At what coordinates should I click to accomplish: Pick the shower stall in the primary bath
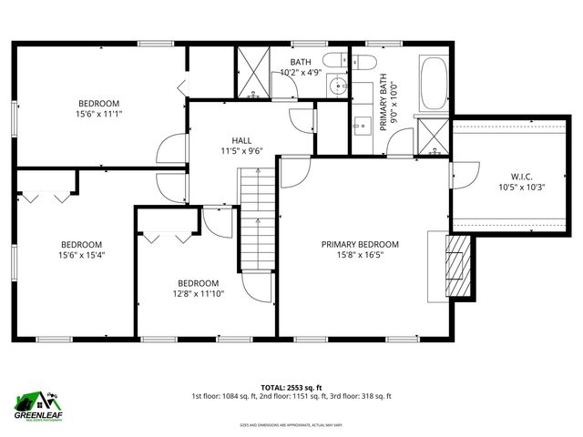(x=433, y=135)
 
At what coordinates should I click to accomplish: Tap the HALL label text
(x=241, y=139)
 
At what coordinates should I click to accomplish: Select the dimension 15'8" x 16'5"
(x=360, y=256)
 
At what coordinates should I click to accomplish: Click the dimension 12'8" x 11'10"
(x=199, y=294)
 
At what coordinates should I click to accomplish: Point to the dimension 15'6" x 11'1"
(x=99, y=115)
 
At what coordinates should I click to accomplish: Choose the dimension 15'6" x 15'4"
(x=83, y=256)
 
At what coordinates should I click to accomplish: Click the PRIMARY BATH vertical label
(x=384, y=102)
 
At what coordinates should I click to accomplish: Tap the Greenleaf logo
(x=37, y=403)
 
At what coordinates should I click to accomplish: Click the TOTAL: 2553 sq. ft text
(x=291, y=385)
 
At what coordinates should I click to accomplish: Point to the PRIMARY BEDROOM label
(x=360, y=244)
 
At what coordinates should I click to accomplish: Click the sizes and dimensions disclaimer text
(x=291, y=425)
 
